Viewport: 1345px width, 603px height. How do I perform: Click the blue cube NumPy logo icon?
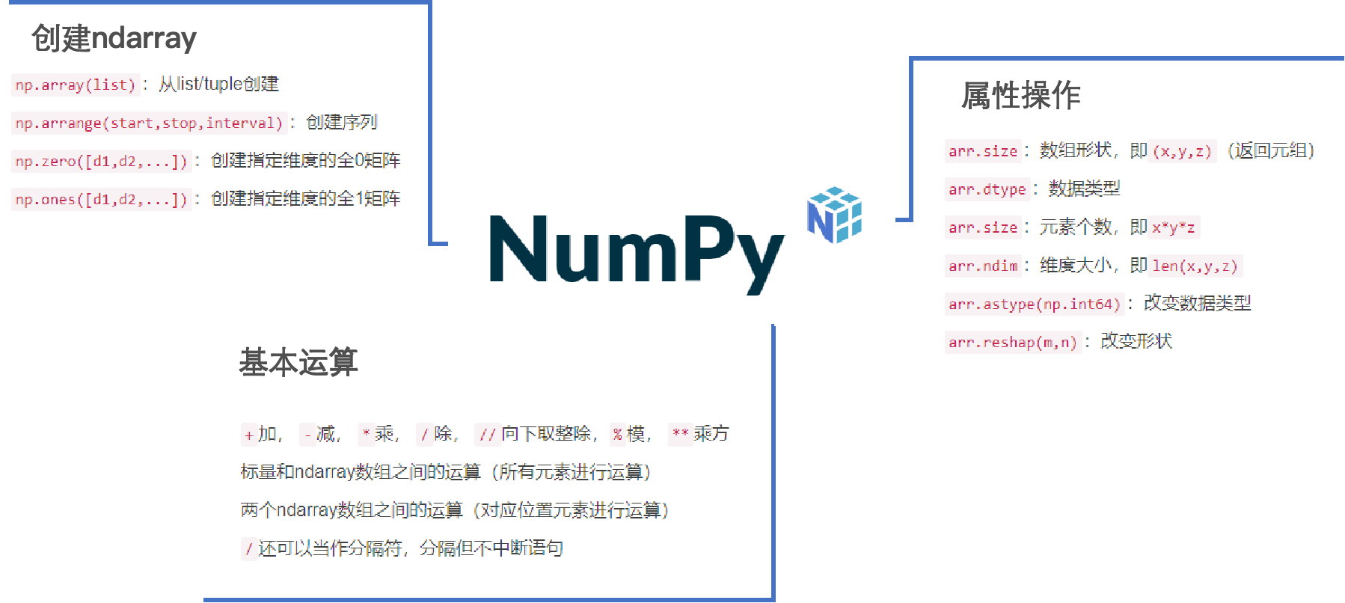point(834,215)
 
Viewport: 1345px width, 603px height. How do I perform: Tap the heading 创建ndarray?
point(114,38)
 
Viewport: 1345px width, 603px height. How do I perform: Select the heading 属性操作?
point(1021,96)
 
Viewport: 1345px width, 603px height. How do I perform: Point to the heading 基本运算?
point(298,362)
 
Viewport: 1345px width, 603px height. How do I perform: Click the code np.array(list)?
point(75,85)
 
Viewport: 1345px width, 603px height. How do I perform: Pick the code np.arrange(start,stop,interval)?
point(149,123)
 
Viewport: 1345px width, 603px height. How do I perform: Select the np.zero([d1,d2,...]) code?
point(101,161)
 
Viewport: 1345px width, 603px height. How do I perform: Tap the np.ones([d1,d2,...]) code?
point(101,199)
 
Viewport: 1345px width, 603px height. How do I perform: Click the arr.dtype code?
point(987,189)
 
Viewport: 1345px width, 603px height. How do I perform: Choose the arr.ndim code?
point(983,266)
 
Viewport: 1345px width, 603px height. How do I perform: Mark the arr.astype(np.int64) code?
point(1034,304)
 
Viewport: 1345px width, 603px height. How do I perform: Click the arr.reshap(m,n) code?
point(1012,342)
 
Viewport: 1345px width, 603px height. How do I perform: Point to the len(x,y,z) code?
point(1195,266)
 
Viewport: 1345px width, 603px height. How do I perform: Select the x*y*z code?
point(1173,227)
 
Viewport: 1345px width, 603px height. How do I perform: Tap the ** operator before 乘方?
point(680,433)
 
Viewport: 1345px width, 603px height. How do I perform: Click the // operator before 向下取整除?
point(488,434)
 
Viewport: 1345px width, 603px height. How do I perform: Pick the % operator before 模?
point(617,434)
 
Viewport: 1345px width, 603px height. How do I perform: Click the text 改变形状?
point(1136,341)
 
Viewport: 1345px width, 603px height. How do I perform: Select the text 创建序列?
point(342,122)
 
